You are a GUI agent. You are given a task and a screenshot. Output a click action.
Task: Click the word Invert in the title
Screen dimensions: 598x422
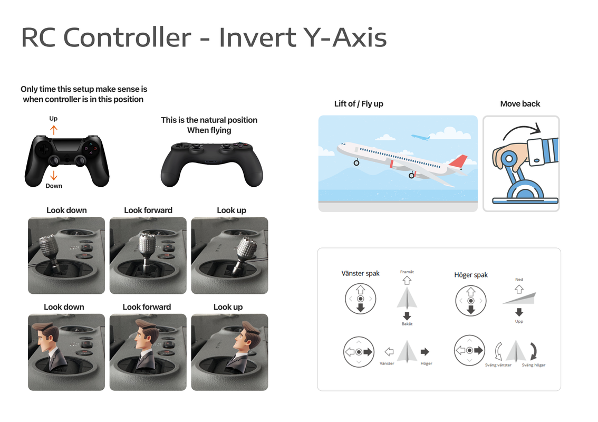[257, 37]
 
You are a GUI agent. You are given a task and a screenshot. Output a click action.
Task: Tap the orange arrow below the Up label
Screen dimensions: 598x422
[54, 130]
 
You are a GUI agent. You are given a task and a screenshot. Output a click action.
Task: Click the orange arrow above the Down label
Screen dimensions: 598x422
[54, 176]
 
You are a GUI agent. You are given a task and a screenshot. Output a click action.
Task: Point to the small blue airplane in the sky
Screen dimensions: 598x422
[420, 137]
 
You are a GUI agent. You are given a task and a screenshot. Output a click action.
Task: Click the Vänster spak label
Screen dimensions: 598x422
[360, 274]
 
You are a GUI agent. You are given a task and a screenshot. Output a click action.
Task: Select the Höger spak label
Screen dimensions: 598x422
[470, 275]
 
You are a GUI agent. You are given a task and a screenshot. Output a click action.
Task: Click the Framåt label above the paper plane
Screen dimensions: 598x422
[407, 272]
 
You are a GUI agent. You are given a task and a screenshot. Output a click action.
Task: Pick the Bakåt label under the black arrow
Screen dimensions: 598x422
[407, 323]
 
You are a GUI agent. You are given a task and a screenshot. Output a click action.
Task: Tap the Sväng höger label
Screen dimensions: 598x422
[534, 365]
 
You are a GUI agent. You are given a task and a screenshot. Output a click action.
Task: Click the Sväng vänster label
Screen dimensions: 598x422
[498, 365]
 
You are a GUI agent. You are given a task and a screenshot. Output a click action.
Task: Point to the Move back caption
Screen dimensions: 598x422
[520, 104]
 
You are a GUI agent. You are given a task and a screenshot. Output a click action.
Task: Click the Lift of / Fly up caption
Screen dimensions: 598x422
[359, 104]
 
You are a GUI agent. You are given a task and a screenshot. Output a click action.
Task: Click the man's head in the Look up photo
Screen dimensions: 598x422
[247, 336]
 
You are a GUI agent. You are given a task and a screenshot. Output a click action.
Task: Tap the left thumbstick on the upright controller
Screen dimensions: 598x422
[53, 161]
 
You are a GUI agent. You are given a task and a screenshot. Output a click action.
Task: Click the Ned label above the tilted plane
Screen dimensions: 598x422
[519, 279]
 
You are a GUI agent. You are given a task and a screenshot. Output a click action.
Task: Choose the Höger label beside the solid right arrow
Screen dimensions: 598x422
[427, 363]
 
